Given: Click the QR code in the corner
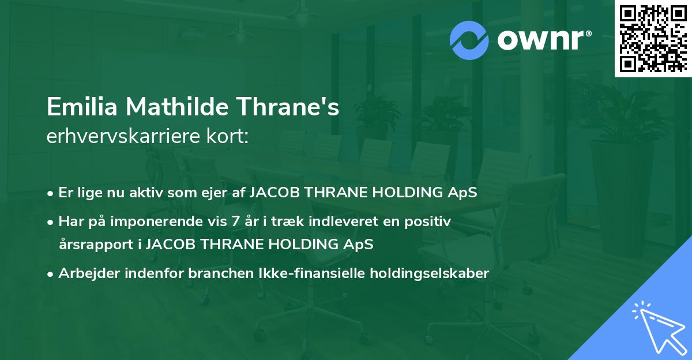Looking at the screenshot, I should click(x=653, y=38).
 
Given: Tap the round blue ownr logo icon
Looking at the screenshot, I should click(x=469, y=40).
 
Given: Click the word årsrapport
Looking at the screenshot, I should click(x=96, y=244).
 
